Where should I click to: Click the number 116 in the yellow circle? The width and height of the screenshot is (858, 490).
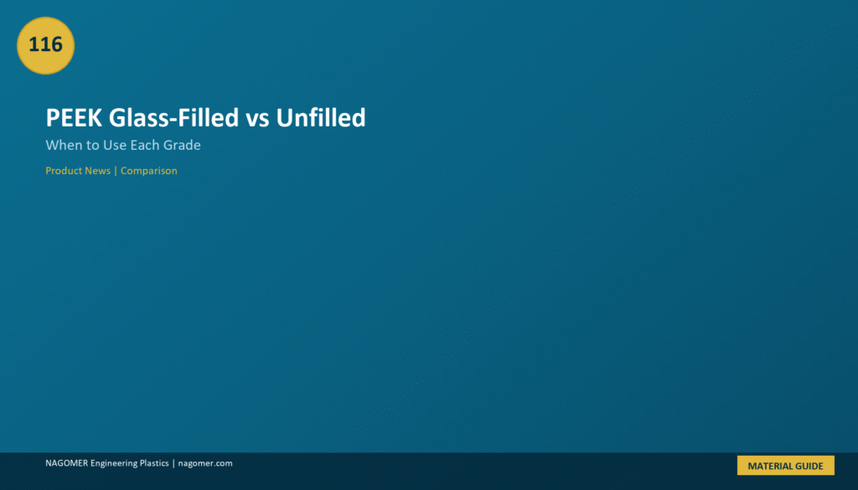(45, 44)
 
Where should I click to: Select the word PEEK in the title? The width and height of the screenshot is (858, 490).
(74, 117)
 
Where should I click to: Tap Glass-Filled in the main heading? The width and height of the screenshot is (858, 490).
(174, 117)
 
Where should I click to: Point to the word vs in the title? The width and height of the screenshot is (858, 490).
(257, 120)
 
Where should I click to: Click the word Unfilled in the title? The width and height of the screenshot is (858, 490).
(321, 117)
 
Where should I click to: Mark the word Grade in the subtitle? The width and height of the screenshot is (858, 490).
(182, 145)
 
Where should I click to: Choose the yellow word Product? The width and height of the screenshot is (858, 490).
(64, 171)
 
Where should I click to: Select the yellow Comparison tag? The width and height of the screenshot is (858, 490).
(149, 171)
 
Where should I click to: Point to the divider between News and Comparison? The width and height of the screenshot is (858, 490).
(116, 171)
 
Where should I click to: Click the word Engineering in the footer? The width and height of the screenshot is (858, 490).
(113, 464)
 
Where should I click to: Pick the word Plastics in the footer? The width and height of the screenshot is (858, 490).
(154, 463)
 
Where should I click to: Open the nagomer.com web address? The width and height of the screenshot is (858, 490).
(205, 463)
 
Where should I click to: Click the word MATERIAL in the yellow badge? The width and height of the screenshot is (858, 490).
(768, 466)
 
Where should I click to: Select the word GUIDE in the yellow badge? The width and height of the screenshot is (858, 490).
(808, 466)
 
